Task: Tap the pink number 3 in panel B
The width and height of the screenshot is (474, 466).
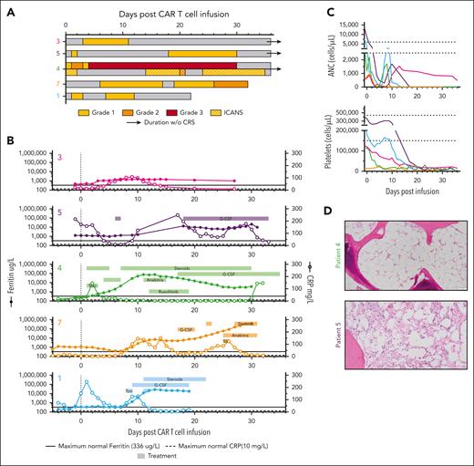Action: tap(61, 159)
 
